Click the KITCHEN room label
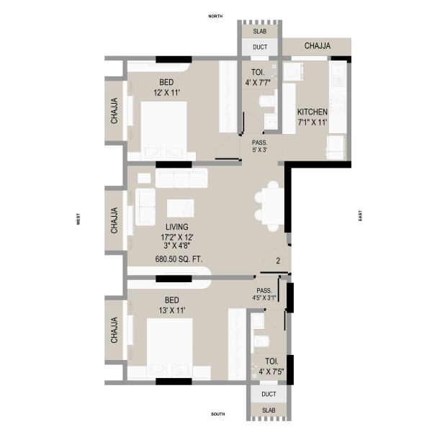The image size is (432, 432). coord(312,112)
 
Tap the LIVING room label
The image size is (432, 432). coord(177,227)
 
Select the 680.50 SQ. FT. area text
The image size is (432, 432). coord(179,259)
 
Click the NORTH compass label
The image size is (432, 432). coord(215,17)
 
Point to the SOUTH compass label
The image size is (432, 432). coord(218,414)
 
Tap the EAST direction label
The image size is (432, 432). coord(360,215)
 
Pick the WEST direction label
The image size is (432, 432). coord(78,219)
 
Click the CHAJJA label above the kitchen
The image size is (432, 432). coord(318,46)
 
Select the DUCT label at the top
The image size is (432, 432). coord(260,47)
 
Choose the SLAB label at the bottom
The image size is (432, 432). coord(269,410)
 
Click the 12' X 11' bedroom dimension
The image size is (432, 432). coord(166,93)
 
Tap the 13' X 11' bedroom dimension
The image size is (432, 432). coord(172,310)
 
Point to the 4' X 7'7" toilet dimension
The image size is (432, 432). coord(258,83)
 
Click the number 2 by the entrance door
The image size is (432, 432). coord(278,261)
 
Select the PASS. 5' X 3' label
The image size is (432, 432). coord(259,146)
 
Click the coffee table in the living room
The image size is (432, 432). coord(181,208)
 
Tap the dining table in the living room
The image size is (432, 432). coord(273,206)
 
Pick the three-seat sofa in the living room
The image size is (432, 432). coord(181,179)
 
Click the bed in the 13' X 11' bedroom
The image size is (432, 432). coord(170,348)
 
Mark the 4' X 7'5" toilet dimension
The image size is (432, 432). coord(271,372)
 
